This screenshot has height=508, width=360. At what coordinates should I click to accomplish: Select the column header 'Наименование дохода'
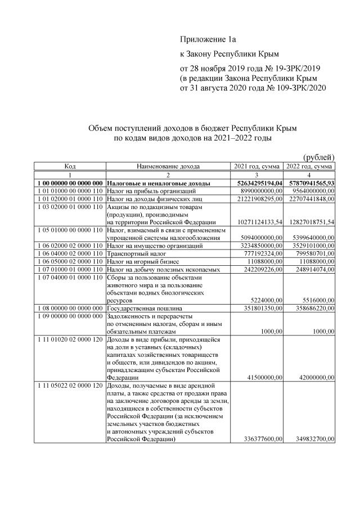point(168,167)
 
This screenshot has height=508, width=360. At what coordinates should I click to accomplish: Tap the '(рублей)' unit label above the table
point(319,157)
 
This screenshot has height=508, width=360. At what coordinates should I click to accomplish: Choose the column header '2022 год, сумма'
point(309,167)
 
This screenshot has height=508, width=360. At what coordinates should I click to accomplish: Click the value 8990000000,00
point(258,191)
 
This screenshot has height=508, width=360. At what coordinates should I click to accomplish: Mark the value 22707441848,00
point(308,199)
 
